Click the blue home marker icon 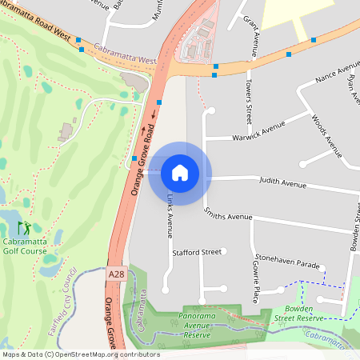coord(180,172)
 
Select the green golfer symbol coord(25,228)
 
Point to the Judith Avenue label coord(282,185)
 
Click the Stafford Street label coord(197,252)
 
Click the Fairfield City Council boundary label coord(61,297)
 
